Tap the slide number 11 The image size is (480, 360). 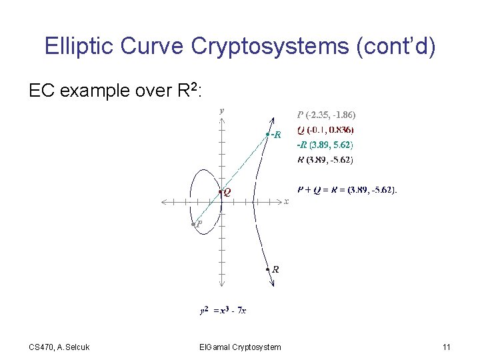(446, 347)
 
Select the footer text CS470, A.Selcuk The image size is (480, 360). (59, 347)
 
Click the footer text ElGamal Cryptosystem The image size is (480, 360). (240, 347)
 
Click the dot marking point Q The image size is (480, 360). (220, 193)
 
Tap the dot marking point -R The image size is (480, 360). (267, 135)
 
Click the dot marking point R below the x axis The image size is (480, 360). (268, 270)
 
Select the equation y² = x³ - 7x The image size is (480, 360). (223, 310)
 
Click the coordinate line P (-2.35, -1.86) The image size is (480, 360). (331, 114)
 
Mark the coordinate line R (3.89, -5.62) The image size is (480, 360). (325, 159)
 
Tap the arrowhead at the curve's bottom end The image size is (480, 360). (272, 285)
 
